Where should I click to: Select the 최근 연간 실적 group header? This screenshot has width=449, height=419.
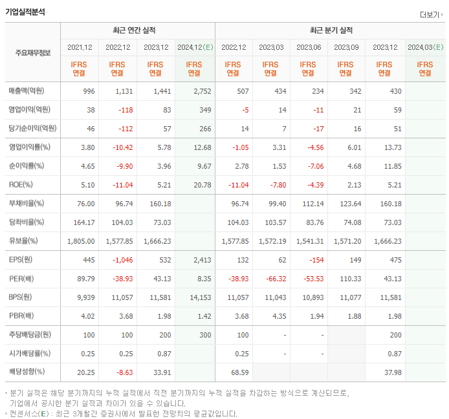[137, 30]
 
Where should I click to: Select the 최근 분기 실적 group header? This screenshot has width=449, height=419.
[330, 30]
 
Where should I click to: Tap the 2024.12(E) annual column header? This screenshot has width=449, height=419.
[194, 47]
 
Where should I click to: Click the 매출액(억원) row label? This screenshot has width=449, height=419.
[29, 91]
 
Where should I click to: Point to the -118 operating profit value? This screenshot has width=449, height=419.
[121, 110]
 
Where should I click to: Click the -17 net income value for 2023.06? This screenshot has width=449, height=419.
[318, 129]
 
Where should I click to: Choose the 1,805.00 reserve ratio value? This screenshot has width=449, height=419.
[81, 241]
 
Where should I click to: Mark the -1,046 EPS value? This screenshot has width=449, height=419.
[119, 260]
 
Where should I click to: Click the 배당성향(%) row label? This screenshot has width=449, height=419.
[27, 372]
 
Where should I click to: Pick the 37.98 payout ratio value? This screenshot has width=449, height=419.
[391, 372]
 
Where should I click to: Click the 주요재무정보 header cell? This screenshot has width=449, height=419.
[32, 52]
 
